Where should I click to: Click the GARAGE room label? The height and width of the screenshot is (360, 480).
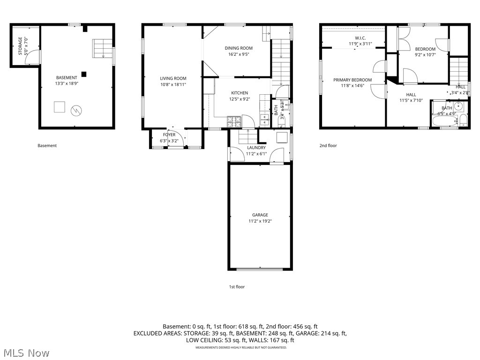click(260, 215)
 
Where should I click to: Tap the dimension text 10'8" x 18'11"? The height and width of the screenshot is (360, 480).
click(173, 85)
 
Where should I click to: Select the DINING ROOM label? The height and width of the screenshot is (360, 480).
click(239, 48)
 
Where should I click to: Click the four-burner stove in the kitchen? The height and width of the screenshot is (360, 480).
click(233, 122)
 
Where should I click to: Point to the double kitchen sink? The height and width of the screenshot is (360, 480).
click(264, 119)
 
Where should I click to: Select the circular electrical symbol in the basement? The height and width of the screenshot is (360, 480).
click(76, 111)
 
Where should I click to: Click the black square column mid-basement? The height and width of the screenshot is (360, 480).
click(83, 74)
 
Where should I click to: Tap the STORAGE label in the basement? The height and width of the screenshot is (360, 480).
click(21, 46)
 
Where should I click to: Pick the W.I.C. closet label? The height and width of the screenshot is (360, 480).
click(360, 38)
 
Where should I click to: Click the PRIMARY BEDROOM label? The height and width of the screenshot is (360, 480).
click(352, 80)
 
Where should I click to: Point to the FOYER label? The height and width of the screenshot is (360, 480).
click(169, 135)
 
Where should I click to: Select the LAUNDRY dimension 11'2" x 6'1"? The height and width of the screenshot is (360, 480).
click(256, 154)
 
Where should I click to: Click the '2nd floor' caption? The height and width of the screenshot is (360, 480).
click(328, 146)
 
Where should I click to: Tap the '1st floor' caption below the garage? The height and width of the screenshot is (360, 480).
click(237, 287)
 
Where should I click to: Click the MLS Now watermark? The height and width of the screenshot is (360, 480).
click(26, 352)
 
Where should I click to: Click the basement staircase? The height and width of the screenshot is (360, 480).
click(102, 48)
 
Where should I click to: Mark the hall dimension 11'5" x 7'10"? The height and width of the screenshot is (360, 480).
click(411, 100)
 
